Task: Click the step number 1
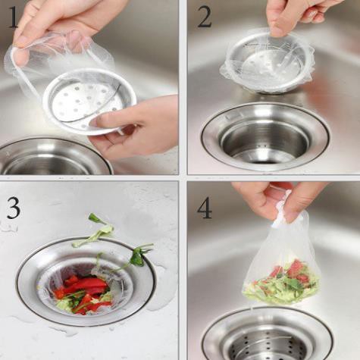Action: click(13, 17)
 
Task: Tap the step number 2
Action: click(205, 17)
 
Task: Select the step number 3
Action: click(14, 208)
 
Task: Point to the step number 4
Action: click(205, 208)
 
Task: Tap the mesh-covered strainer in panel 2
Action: click(267, 61)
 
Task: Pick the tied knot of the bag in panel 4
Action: click(281, 212)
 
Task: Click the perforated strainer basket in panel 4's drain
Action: click(268, 343)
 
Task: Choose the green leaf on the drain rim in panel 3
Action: click(139, 255)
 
